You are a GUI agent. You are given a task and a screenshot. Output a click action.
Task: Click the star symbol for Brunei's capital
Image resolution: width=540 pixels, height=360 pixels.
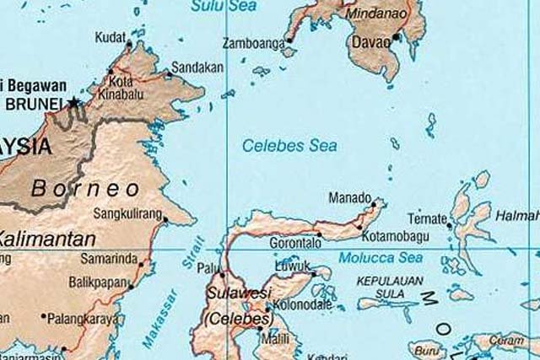pos(74,103)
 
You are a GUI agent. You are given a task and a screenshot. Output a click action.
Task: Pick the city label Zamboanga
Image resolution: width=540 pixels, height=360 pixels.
pos(251,43)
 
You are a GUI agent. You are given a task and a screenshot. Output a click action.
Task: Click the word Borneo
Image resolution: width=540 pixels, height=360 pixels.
pos(84,187)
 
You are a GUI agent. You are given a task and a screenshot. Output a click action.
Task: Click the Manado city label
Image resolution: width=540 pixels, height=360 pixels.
pos(347,199)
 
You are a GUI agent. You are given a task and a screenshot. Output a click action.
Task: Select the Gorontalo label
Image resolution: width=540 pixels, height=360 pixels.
pos(293,242)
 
